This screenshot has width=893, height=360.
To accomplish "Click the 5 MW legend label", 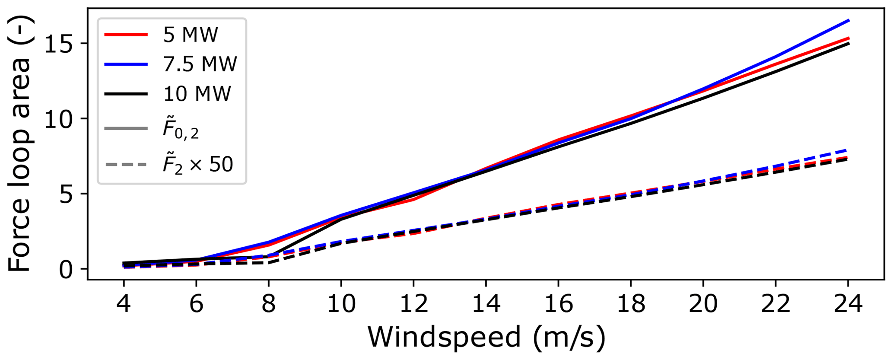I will point(191,35).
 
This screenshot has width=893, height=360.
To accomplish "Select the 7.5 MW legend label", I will point(200,64).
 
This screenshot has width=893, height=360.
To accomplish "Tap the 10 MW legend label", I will point(197,94).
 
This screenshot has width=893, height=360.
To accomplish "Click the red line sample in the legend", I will point(126,35).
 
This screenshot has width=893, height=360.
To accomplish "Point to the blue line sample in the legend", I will point(126,64).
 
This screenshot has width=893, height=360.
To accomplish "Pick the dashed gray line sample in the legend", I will point(126,165).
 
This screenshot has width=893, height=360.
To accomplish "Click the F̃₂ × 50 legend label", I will point(198,165).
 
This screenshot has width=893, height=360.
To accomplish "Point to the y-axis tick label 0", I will point(67,269).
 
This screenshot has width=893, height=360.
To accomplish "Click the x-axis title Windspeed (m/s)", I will point(486,338).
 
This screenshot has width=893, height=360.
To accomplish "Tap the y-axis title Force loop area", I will point(20,143).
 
